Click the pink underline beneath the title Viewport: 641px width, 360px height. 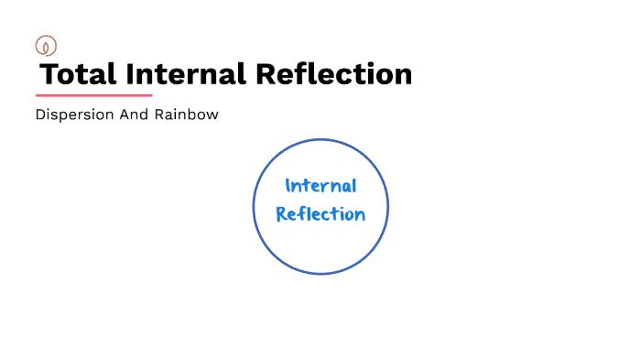coord(93,95)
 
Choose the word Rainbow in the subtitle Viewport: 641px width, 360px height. coord(188,116)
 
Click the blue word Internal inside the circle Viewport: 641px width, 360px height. coord(320,187)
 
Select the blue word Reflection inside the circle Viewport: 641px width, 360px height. coord(320,214)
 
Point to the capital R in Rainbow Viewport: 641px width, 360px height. coord(161,116)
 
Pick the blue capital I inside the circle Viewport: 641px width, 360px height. coord(288,187)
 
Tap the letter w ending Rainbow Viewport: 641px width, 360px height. coord(212,116)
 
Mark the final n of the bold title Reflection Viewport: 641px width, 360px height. coord(402,74)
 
